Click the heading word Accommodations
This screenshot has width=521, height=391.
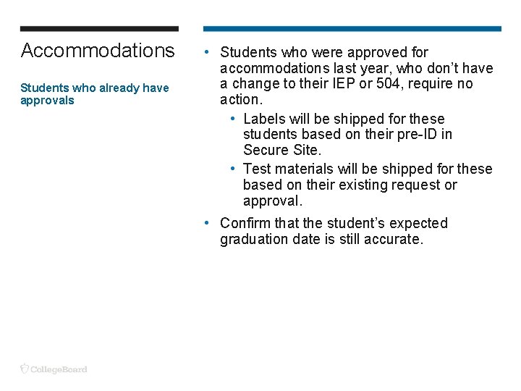98,51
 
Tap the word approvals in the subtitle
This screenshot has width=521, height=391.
47,101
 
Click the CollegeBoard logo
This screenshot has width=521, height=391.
54,369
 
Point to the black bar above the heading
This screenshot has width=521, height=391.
99,29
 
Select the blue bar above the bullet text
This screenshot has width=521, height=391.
352,29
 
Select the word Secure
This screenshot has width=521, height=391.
264,151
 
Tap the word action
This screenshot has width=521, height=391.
240,100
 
